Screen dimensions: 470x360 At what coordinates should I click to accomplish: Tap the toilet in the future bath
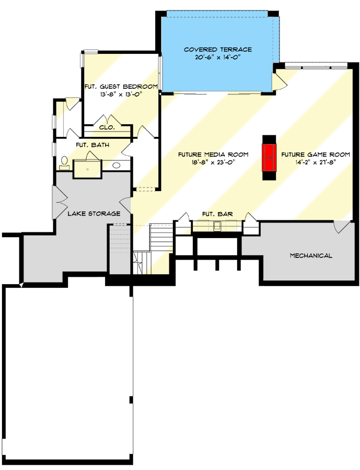(x=65, y=162)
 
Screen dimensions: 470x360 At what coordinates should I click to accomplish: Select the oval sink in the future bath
(x=117, y=166)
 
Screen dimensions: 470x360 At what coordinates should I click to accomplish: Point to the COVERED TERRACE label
(x=217, y=50)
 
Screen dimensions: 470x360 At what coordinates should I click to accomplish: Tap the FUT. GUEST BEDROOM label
(x=121, y=86)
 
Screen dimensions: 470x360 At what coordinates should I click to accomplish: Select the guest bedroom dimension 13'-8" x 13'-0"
(x=121, y=95)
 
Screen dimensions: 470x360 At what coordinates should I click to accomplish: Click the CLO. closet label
(x=107, y=127)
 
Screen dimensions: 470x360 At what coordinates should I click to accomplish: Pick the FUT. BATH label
(x=92, y=145)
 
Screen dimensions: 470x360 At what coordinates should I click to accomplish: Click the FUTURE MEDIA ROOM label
(x=213, y=154)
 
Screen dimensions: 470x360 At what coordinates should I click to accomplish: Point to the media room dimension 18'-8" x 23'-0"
(x=213, y=162)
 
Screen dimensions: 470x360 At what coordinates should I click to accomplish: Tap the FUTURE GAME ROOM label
(x=315, y=154)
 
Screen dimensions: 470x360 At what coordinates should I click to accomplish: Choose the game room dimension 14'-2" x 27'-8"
(x=315, y=162)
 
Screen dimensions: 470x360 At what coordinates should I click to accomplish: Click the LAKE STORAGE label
(x=94, y=214)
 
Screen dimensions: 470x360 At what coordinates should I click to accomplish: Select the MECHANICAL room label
(x=310, y=255)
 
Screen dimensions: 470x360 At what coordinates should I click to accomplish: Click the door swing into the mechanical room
(x=340, y=227)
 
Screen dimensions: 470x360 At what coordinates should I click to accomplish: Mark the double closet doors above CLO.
(x=107, y=118)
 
